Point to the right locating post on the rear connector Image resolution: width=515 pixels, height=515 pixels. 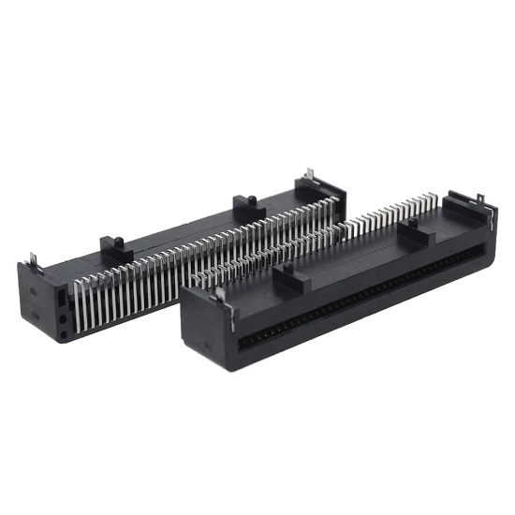(x=243, y=204)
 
